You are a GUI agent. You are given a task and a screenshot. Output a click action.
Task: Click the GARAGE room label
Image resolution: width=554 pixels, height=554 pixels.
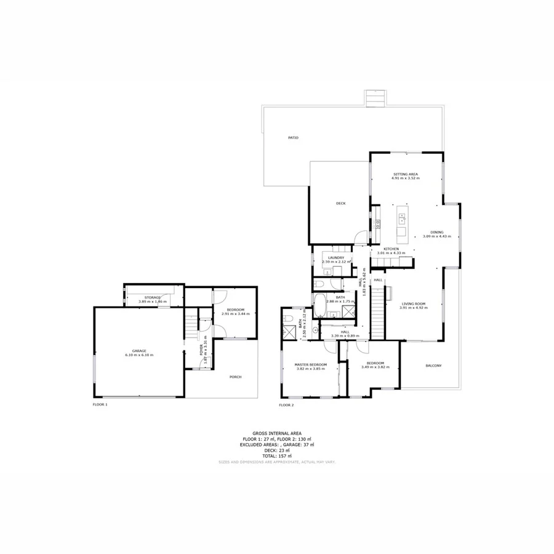tap(138, 351)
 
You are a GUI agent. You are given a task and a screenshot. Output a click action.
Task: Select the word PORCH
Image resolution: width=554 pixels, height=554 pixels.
tap(235, 377)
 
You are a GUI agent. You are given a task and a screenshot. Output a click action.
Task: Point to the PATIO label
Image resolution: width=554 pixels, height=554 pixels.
tap(293, 137)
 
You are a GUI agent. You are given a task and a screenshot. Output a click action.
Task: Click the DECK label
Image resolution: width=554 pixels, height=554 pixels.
tap(340, 203)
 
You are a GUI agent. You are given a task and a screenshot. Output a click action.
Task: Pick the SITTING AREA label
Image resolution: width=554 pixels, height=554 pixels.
tap(406, 174)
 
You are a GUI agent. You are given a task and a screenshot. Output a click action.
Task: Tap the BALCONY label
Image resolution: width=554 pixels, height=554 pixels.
tap(433, 366)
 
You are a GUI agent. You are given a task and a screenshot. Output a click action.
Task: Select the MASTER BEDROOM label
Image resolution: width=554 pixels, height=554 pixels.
tap(310, 364)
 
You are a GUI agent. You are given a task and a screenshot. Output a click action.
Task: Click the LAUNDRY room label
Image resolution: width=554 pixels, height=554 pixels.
tap(335, 257)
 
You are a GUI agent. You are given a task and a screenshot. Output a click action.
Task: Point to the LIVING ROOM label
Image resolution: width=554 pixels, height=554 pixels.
tap(414, 304)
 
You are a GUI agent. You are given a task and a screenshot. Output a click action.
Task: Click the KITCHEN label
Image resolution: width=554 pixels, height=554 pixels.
tap(391, 249)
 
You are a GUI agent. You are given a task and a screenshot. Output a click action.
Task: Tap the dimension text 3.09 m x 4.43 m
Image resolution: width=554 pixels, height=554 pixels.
tap(437, 236)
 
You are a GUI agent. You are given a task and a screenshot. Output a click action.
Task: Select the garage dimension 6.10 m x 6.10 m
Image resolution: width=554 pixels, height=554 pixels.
tap(138, 356)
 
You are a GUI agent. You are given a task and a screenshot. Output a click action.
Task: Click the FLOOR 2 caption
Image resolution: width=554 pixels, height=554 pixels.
tap(286, 405)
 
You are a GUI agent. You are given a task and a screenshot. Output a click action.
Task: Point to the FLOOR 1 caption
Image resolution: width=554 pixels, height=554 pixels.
tap(100, 404)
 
